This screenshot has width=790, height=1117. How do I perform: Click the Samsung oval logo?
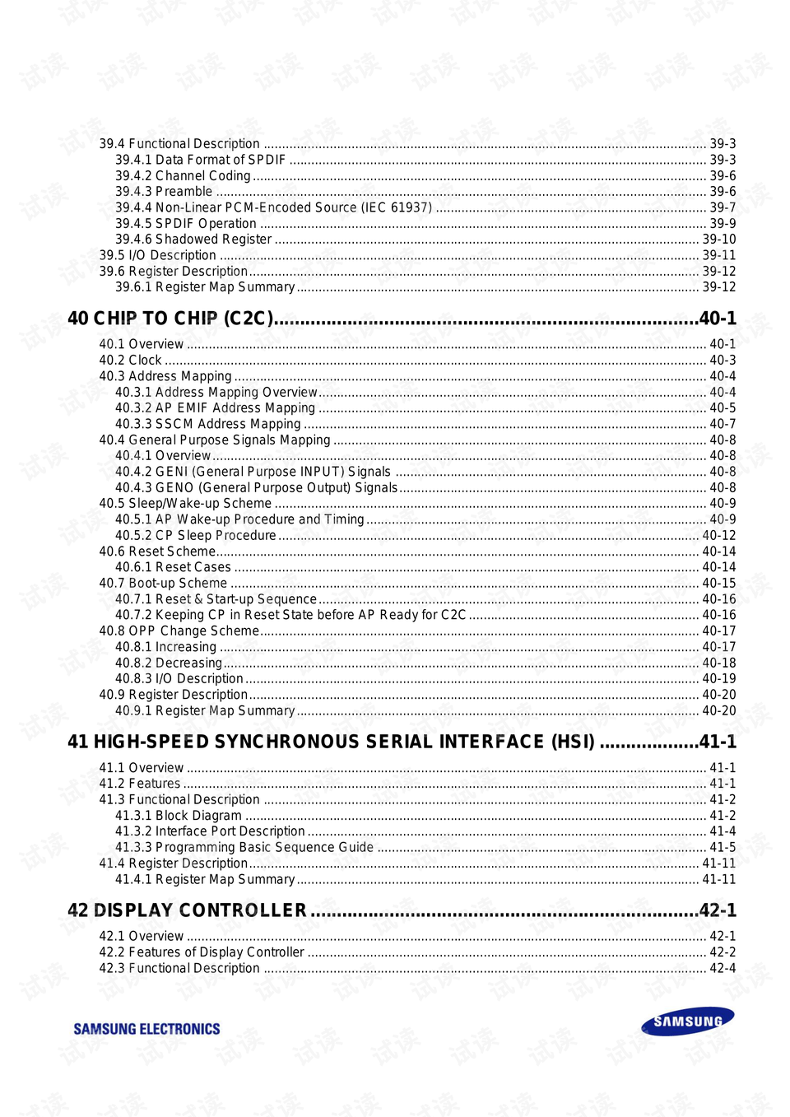pyautogui.click(x=688, y=1021)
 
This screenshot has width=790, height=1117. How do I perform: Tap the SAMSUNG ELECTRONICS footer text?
pyautogui.click(x=146, y=1029)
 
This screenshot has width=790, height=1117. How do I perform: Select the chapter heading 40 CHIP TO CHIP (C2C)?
pyautogui.click(x=170, y=319)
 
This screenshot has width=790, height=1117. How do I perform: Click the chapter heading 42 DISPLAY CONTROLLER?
pyautogui.click(x=187, y=910)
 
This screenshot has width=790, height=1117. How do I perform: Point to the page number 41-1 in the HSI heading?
pyautogui.click(x=718, y=742)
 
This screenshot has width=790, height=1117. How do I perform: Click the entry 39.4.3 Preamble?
pyautogui.click(x=164, y=192)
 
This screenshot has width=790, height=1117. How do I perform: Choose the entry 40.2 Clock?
pyautogui.click(x=130, y=361)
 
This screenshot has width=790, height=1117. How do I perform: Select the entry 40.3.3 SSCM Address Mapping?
pyautogui.click(x=208, y=424)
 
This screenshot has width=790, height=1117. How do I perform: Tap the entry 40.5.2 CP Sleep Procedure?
pyautogui.click(x=196, y=535)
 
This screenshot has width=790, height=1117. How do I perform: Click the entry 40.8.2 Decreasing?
pyautogui.click(x=169, y=663)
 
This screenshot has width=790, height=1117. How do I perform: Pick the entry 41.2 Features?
pyautogui.click(x=140, y=784)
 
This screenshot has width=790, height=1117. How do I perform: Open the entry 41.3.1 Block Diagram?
pyautogui.click(x=179, y=816)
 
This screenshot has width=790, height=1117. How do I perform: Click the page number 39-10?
pyautogui.click(x=719, y=240)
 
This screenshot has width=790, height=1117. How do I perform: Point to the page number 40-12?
pyautogui.click(x=719, y=535)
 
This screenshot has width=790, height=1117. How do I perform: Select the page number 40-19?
pyautogui.click(x=719, y=678)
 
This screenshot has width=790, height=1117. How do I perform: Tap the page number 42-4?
pyautogui.click(x=723, y=968)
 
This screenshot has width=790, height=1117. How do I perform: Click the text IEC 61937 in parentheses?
pyautogui.click(x=396, y=207)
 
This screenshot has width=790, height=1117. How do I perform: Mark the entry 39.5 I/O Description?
pyautogui.click(x=158, y=255)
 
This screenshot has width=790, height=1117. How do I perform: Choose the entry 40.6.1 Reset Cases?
pyautogui.click(x=173, y=567)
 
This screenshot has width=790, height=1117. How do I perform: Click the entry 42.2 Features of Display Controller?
pyautogui.click(x=202, y=952)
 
